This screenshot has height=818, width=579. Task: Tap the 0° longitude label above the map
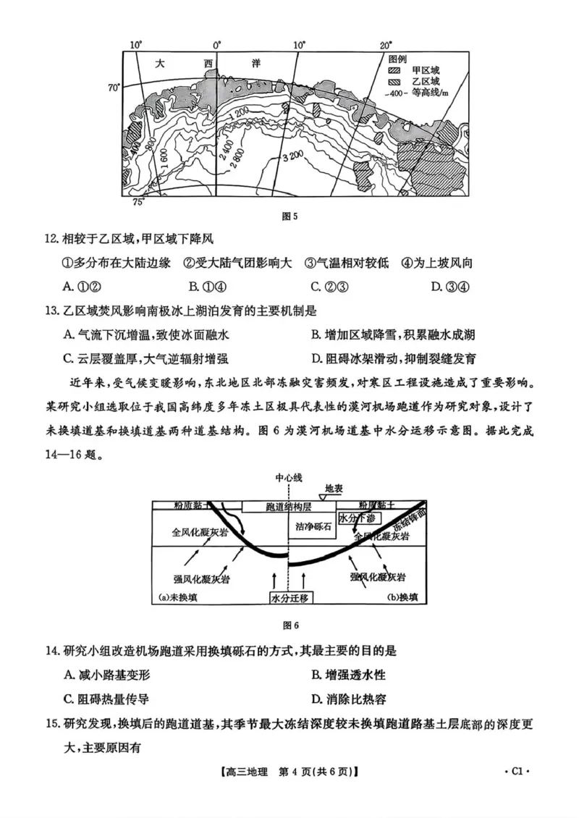(x=216, y=45)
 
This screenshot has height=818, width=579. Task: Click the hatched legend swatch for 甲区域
(x=394, y=70)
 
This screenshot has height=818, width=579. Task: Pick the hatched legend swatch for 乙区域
(x=394, y=82)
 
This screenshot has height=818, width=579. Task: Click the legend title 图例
(x=399, y=59)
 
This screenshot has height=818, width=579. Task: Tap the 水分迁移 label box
(x=289, y=598)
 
